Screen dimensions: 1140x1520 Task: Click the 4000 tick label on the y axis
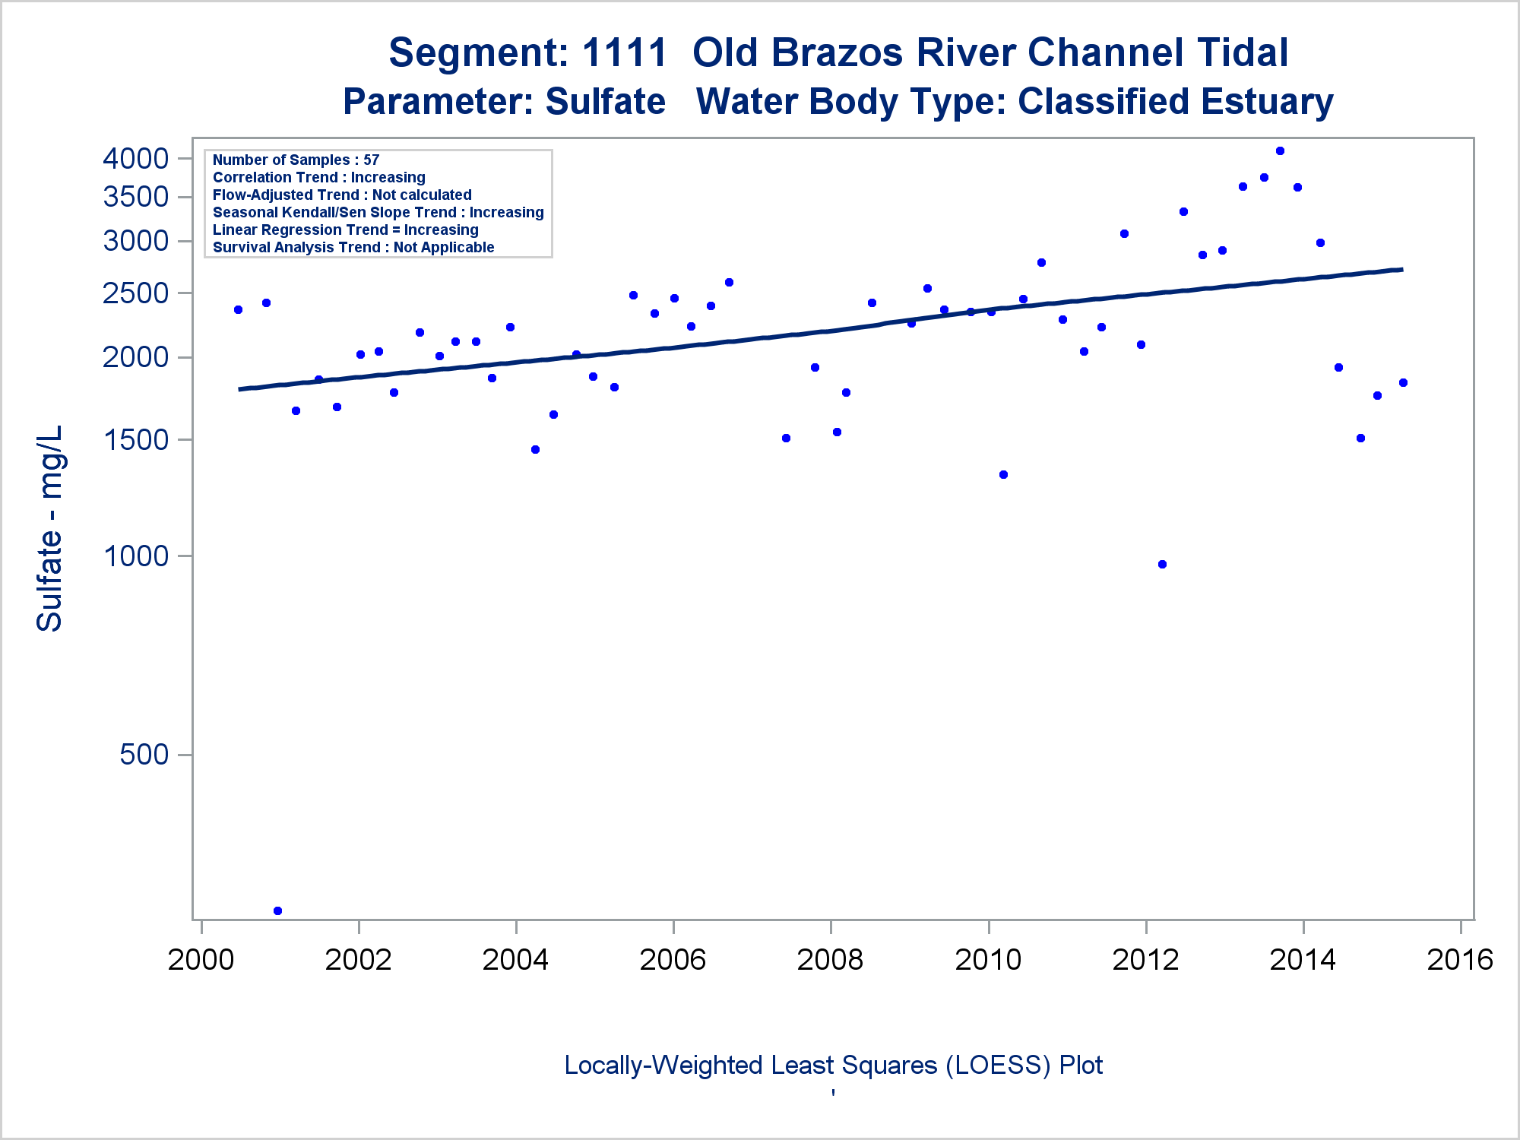coord(135,158)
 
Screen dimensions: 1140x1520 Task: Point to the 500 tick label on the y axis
coord(144,755)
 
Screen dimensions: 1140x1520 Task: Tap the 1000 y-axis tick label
coord(135,556)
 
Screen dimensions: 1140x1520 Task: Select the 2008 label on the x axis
coord(830,960)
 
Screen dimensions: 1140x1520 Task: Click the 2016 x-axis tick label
coord(1460,960)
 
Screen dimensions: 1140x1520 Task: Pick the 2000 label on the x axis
coord(201,960)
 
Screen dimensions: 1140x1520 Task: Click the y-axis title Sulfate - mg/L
coord(49,528)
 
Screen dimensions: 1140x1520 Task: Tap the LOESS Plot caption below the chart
coord(833,1065)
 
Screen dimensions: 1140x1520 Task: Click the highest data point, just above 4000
coord(1280,150)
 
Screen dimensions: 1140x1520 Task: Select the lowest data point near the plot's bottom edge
coord(277,910)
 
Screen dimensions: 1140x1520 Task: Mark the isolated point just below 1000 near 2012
coord(1162,564)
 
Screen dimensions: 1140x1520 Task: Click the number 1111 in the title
coord(624,52)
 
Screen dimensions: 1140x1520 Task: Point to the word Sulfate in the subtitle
coord(605,102)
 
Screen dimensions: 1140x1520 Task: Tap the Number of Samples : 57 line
coord(296,160)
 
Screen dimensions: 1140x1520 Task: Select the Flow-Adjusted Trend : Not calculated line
coord(342,195)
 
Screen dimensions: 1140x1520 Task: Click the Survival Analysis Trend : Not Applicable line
coord(353,247)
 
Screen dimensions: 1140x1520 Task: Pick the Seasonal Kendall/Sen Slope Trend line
coord(378,212)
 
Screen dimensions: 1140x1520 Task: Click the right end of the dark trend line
coord(1401,270)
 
